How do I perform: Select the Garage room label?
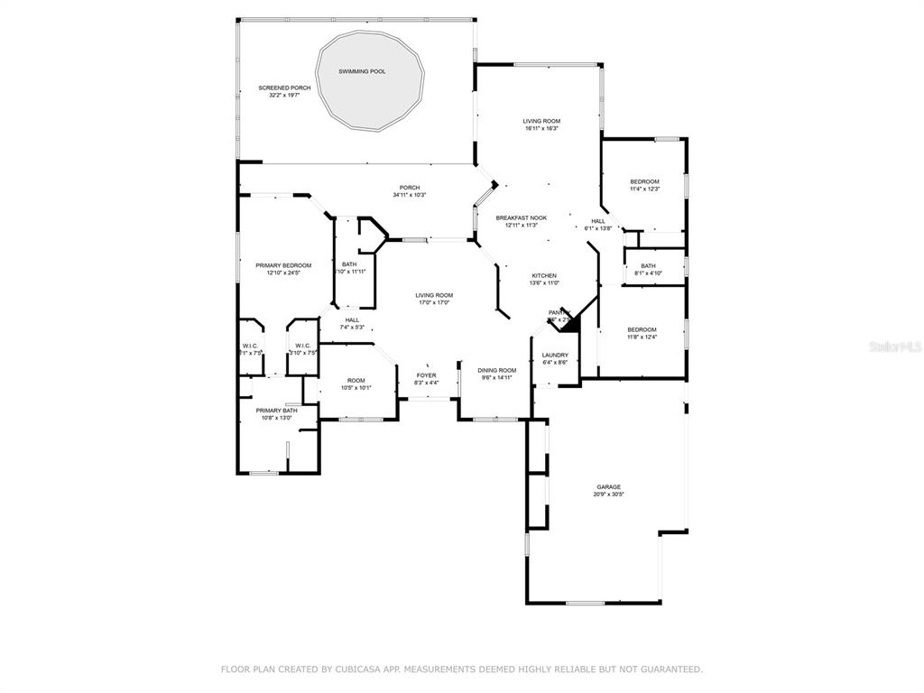coord(608,486)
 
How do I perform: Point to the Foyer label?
coord(426,374)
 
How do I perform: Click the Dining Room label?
coord(496,370)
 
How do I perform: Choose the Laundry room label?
coord(555,355)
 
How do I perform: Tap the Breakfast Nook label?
coord(522,217)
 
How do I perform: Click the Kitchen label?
coord(543,275)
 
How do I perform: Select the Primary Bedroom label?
coord(283,265)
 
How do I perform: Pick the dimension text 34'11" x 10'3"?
coord(409,195)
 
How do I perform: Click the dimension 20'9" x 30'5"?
coord(608,494)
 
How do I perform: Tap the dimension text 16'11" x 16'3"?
coord(541,128)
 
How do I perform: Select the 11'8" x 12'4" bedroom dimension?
coord(642,337)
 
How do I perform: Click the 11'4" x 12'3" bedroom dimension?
coord(644,189)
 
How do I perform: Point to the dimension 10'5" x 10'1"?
coord(356,388)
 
